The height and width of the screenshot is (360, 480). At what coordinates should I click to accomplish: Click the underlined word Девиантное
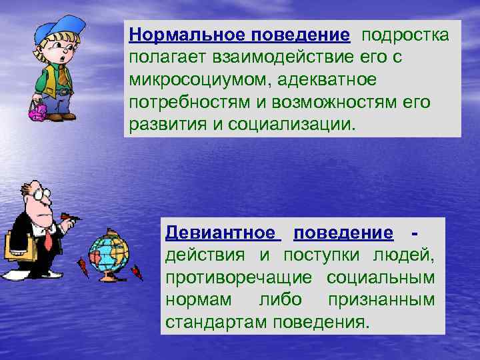coord(221,233)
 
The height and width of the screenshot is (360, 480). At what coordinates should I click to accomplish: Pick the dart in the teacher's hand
coord(74,216)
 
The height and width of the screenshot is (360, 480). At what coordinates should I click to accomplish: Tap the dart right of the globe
coord(137,273)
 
